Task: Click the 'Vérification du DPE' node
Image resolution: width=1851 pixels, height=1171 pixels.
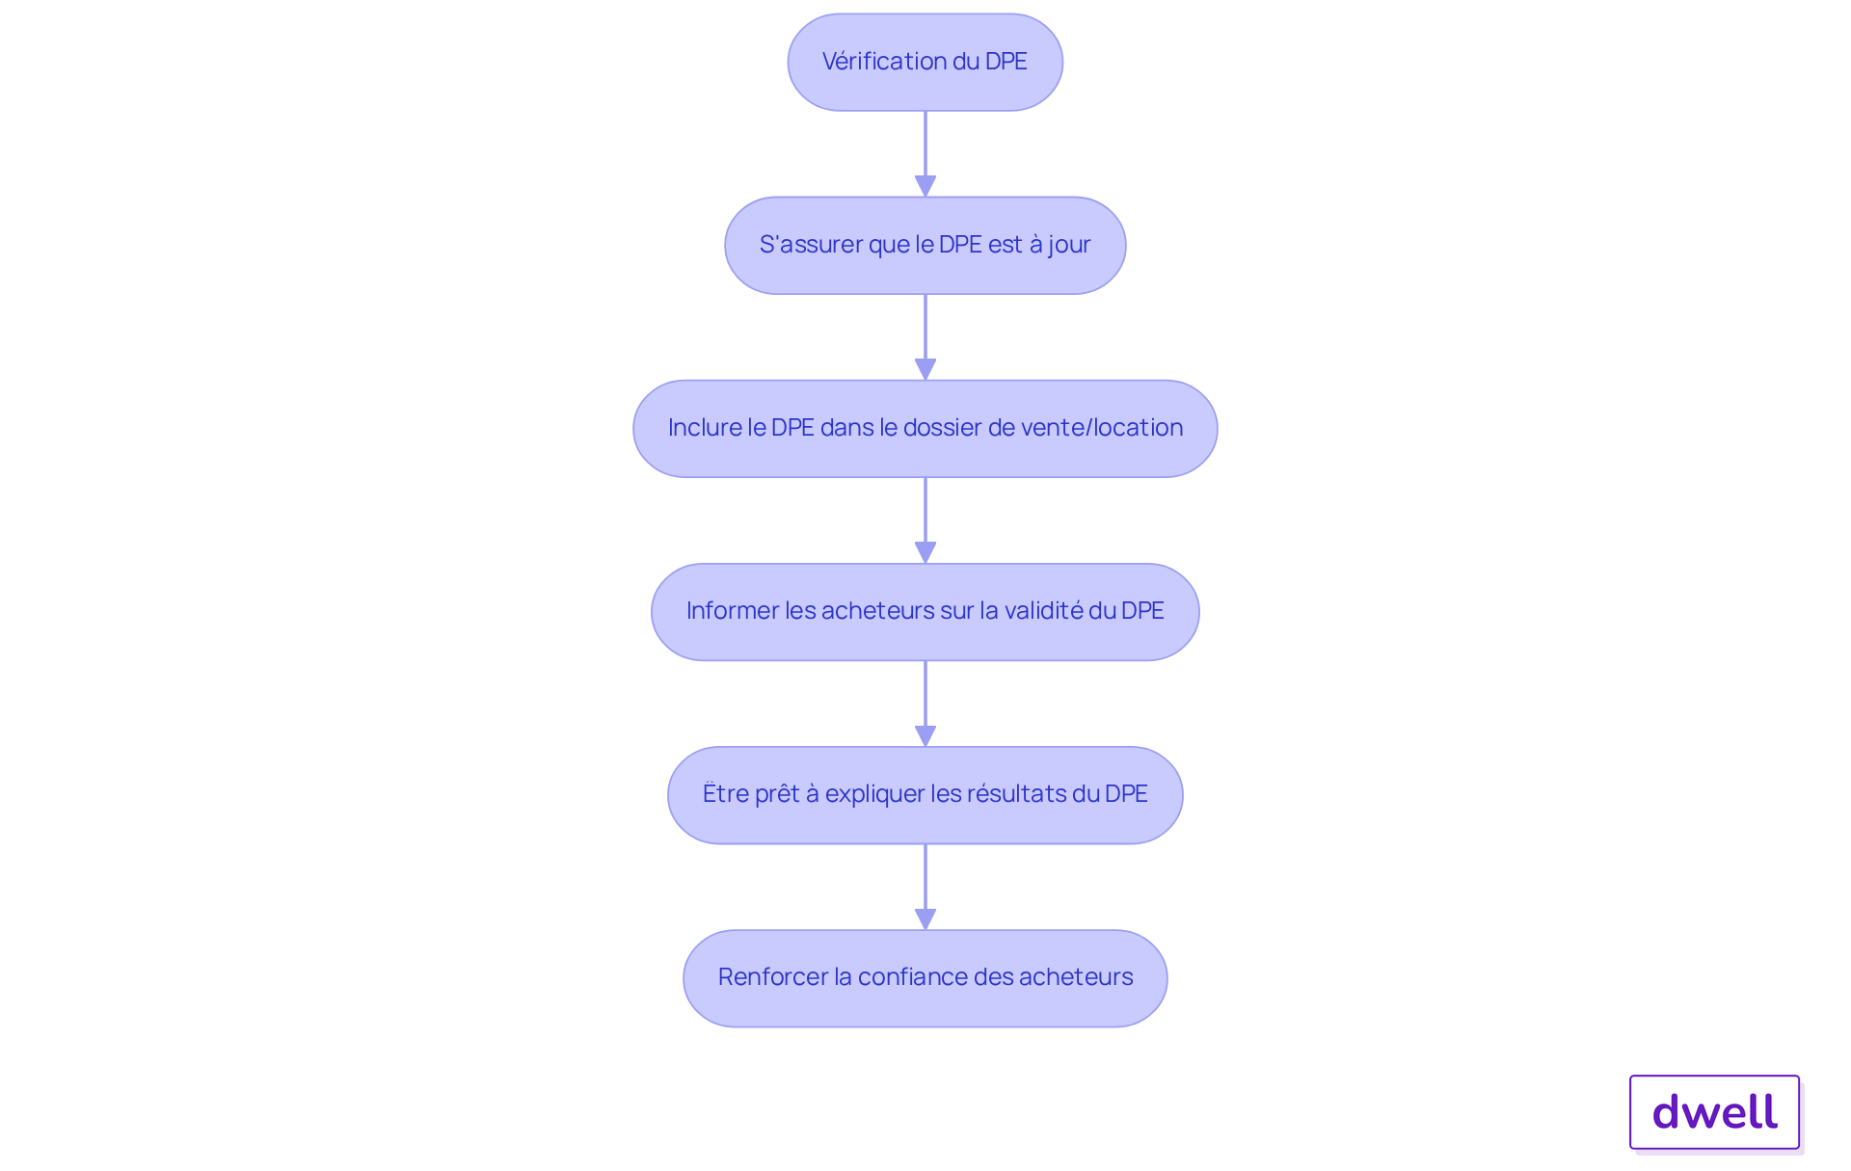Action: [925, 62]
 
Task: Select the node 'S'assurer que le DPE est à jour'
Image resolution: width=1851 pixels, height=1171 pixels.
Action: [925, 245]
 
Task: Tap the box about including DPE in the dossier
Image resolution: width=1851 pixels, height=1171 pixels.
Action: [925, 428]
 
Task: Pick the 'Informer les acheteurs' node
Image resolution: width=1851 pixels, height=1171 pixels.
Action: [925, 611]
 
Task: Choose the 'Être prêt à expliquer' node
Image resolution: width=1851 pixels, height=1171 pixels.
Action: [925, 795]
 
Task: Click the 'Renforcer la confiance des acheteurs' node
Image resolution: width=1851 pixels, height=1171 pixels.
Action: [925, 978]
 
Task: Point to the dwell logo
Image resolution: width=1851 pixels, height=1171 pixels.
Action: [1715, 1112]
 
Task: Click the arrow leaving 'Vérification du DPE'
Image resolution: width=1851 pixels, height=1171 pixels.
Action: [925, 154]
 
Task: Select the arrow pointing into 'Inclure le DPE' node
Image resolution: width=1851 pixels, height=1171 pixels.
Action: [925, 337]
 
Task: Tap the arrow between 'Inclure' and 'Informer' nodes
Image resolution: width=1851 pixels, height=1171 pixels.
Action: [925, 520]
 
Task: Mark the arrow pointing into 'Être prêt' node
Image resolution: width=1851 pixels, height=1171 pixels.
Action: [925, 704]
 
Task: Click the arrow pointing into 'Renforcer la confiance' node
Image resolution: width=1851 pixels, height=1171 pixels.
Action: [925, 887]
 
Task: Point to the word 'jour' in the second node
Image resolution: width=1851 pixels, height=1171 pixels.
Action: [1070, 246]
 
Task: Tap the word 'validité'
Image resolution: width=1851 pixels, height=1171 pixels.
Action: [1043, 610]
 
